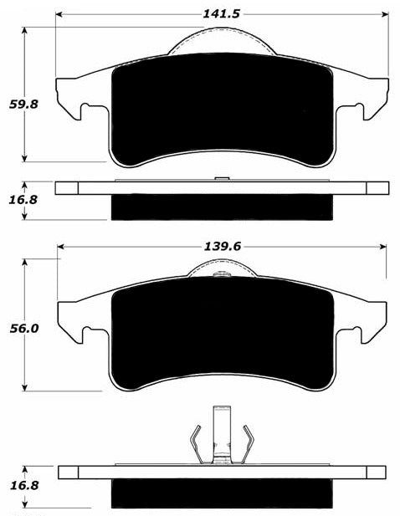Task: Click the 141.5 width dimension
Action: coord(221,14)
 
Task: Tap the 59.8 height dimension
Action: coord(23,105)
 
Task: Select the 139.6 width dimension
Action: coord(223,246)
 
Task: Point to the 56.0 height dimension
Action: coord(24,329)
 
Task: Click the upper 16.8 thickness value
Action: coord(23,200)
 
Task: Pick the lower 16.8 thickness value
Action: coord(24,485)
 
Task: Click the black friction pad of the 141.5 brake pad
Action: coord(223,109)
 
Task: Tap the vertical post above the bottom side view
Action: coord(222,434)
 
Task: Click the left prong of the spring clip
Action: coord(197,444)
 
